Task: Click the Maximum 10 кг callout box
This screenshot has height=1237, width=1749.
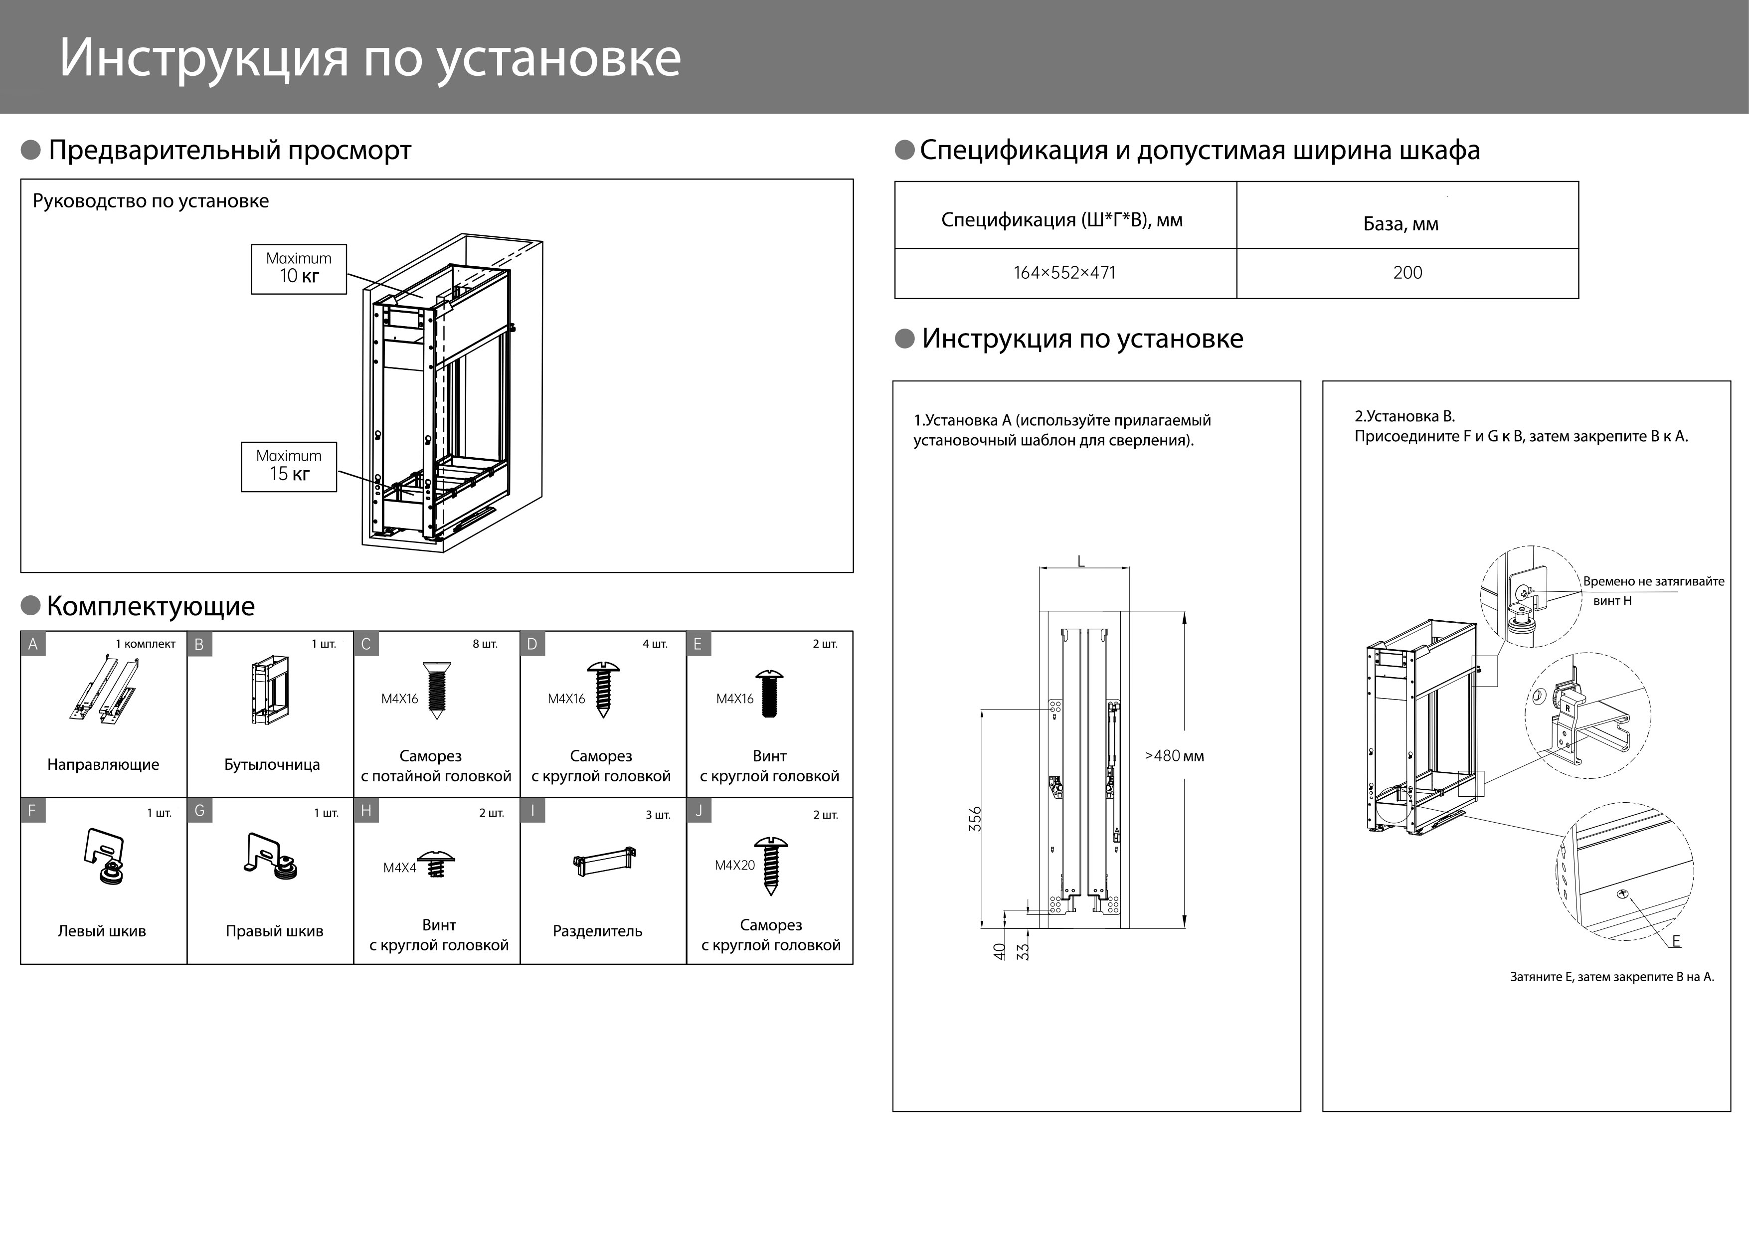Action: point(299,269)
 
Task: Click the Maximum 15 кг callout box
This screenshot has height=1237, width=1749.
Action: point(289,466)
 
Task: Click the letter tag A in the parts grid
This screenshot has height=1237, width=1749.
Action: point(33,644)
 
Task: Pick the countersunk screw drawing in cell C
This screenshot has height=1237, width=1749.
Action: point(435,690)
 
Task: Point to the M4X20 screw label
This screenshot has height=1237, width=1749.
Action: point(734,865)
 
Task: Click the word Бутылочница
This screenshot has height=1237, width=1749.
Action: point(272,765)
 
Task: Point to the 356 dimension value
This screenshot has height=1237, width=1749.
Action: point(976,819)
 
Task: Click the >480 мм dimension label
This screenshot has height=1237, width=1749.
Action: point(1174,756)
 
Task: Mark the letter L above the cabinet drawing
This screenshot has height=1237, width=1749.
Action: point(1081,562)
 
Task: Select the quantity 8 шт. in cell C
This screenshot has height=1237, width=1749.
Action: point(485,644)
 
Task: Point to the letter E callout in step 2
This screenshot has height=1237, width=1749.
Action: point(1675,941)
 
